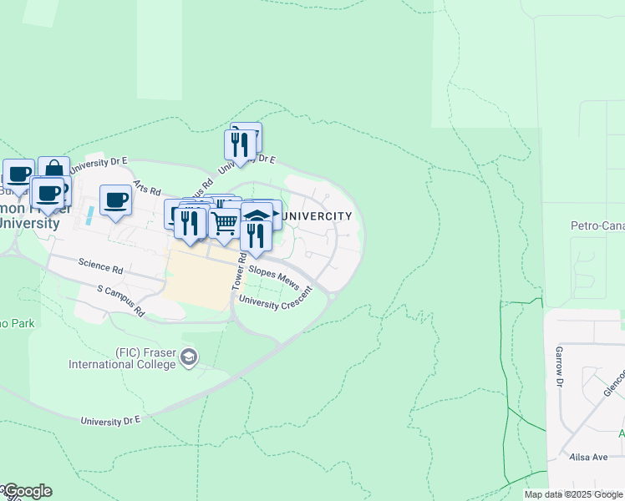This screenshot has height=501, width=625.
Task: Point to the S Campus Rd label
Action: [x=121, y=301]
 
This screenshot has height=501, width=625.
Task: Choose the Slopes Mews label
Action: [x=274, y=277]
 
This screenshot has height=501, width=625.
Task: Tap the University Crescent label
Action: [x=275, y=300]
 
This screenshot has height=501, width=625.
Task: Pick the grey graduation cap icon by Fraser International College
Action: [x=190, y=358]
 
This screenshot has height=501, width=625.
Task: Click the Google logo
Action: [x=27, y=491]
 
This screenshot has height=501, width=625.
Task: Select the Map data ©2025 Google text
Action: [x=573, y=494]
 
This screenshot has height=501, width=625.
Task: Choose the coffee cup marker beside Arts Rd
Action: [x=115, y=200]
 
